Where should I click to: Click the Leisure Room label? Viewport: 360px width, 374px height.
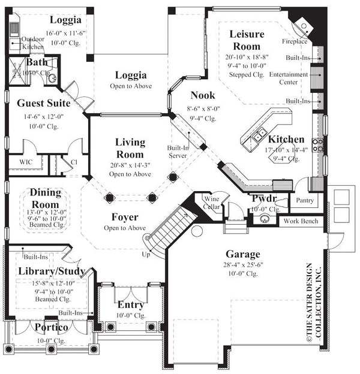(246, 40)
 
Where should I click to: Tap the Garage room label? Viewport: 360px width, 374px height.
(242, 254)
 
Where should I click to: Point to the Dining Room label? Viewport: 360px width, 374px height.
(46, 197)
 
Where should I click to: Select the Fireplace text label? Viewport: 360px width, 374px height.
(295, 41)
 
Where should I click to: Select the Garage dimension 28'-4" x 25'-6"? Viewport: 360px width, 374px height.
(242, 264)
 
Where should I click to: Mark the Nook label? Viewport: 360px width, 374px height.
(203, 95)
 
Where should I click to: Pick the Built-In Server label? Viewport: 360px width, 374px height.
(178, 151)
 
